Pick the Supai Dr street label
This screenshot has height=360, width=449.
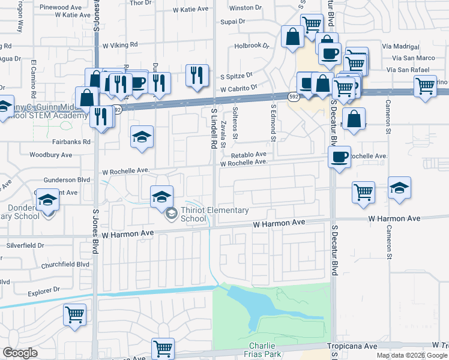click(x=234, y=21)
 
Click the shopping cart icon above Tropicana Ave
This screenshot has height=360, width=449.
click(x=163, y=347)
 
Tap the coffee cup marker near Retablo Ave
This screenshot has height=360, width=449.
click(x=339, y=157)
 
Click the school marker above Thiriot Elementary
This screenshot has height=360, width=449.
click(x=161, y=196)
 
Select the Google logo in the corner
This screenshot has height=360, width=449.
click(x=20, y=353)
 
